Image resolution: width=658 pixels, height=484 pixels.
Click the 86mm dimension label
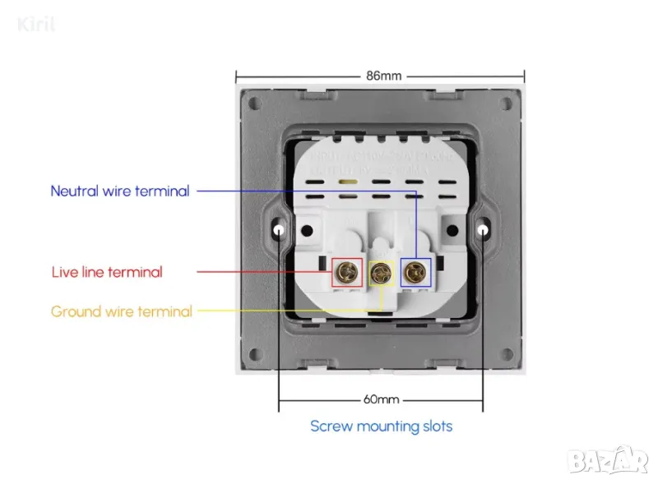click(383, 76)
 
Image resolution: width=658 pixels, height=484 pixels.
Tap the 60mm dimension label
click(381, 400)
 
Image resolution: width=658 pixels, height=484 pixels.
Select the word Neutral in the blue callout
click(74, 191)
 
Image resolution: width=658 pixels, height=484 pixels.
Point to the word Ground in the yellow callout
click(75, 311)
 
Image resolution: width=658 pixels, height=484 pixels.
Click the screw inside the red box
click(346, 272)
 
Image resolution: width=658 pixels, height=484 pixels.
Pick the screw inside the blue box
click(415, 272)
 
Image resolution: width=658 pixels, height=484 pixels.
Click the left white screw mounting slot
click(280, 232)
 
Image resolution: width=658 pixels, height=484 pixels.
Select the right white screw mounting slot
click(483, 232)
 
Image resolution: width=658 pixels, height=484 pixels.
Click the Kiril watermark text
click(37, 25)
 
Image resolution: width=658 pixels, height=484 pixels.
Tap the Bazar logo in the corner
click(609, 460)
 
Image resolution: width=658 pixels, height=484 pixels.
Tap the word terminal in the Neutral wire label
click(161, 191)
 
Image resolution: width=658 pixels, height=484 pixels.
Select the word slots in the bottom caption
click(435, 426)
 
